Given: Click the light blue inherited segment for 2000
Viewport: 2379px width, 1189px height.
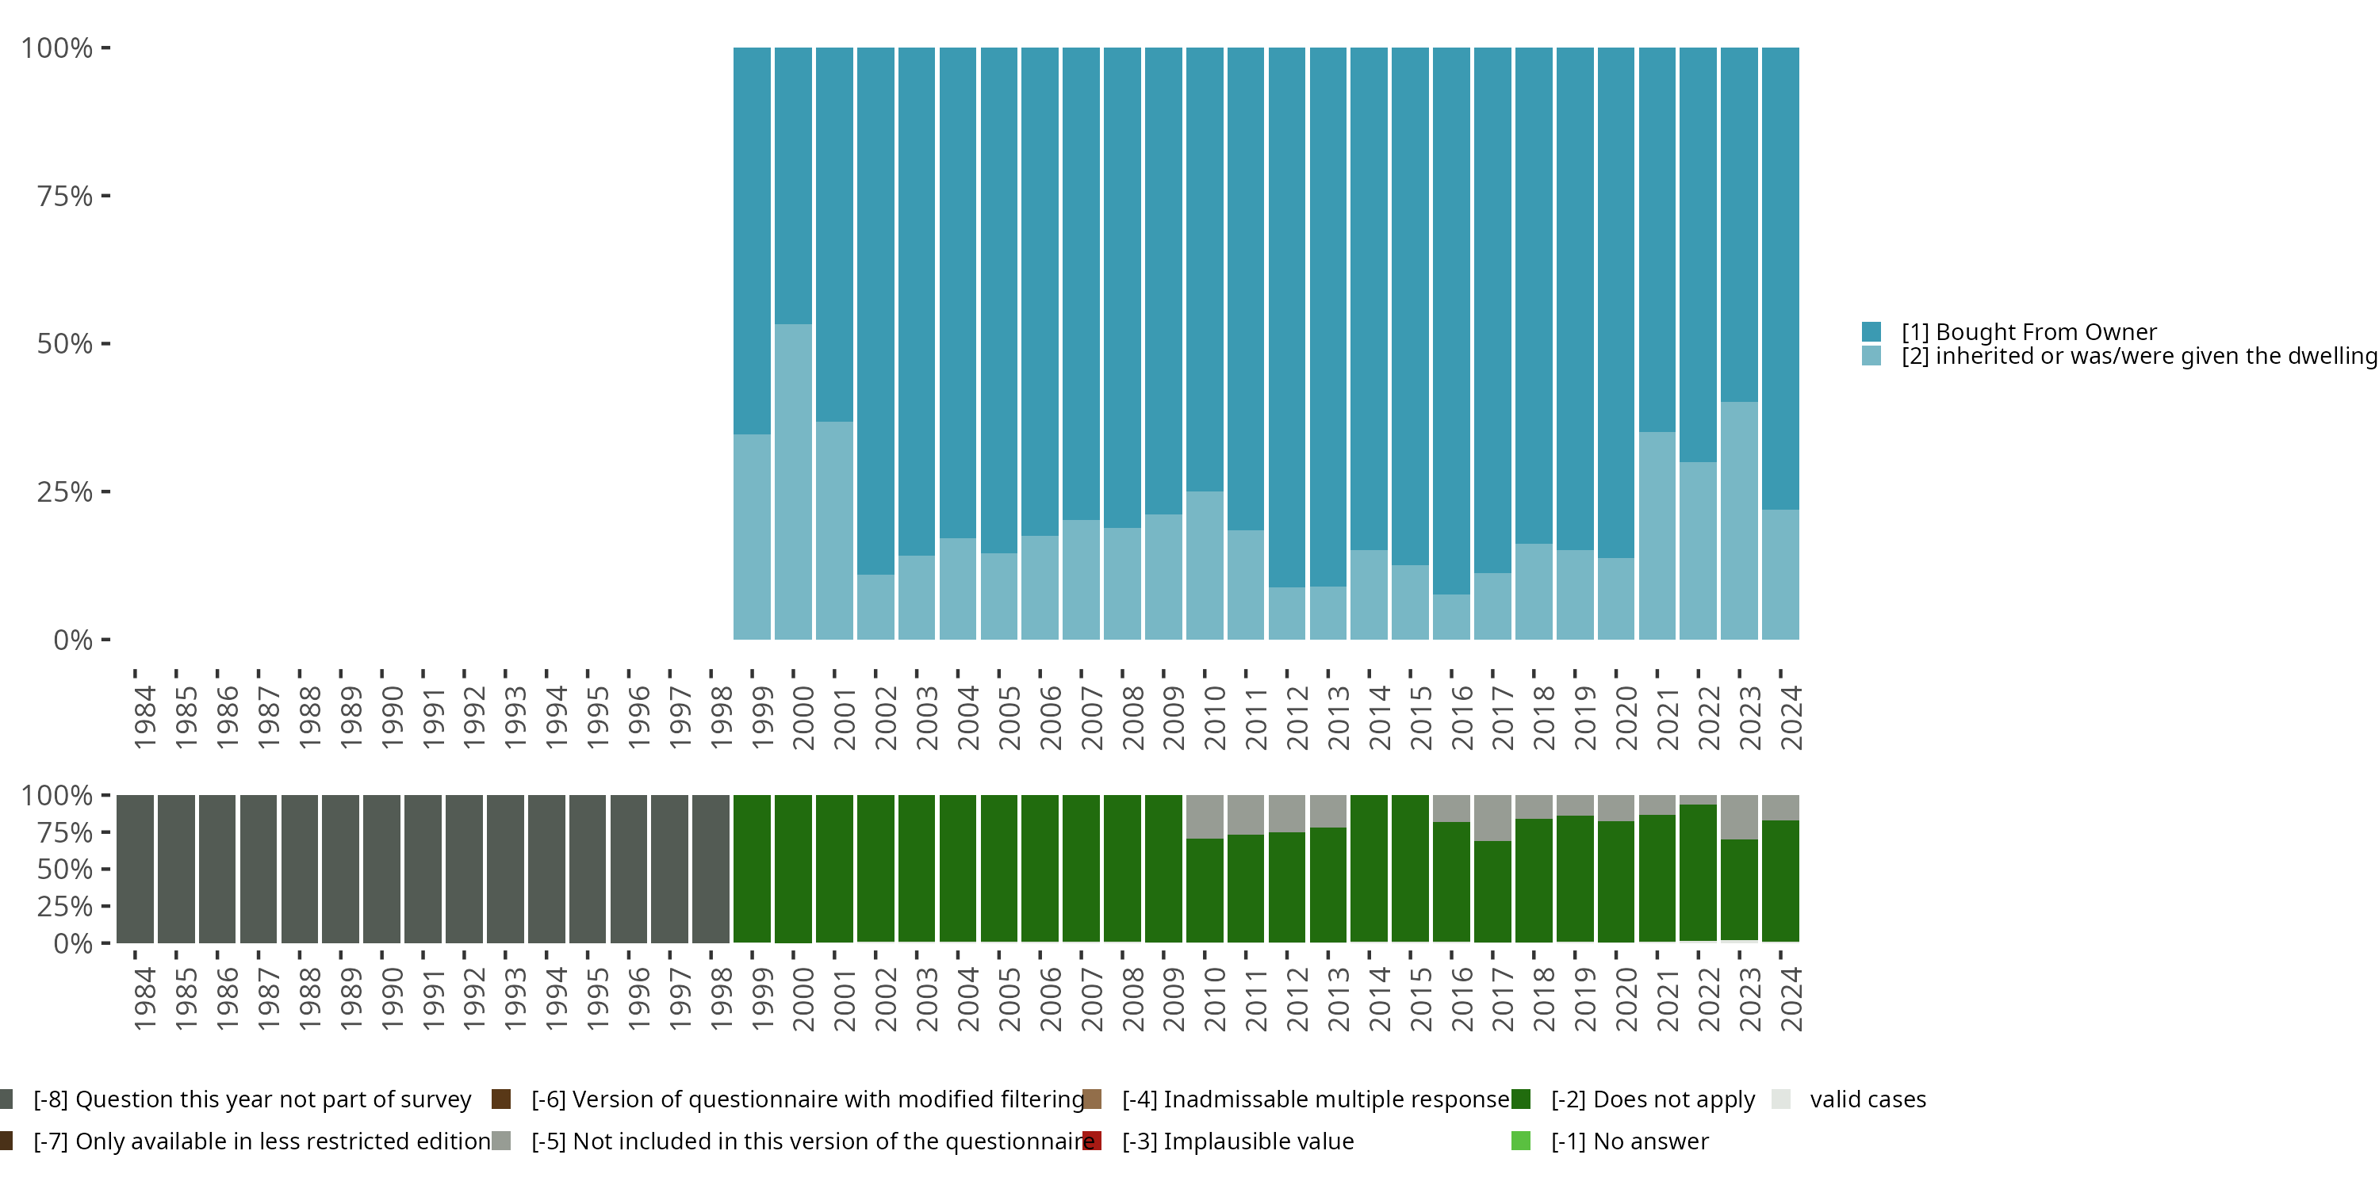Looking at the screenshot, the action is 793,482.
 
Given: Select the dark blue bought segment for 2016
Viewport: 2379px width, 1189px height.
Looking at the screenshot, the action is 1451,321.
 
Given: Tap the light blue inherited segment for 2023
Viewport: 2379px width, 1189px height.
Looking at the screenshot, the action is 1739,521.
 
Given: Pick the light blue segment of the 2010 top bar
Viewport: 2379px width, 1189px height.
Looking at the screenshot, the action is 1205,566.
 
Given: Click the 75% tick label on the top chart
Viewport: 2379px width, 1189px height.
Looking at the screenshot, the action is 65,196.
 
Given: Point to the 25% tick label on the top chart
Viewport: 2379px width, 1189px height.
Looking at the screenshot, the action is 65,491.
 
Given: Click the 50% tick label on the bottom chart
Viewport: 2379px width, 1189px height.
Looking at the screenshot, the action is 65,869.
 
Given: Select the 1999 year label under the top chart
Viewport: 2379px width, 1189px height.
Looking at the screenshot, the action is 762,717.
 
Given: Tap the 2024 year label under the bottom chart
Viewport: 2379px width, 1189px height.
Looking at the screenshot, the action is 1791,999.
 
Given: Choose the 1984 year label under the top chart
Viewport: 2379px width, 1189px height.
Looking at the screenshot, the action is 145,717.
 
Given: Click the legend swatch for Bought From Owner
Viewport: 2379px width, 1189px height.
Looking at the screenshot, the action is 1871,331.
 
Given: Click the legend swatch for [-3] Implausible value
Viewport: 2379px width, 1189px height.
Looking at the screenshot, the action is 1092,1141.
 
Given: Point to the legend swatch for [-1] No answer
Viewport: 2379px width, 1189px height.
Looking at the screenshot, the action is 1521,1141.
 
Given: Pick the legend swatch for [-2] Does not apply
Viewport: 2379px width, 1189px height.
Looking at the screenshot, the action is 1521,1099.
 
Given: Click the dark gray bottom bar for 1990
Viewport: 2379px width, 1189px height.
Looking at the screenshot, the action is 381,869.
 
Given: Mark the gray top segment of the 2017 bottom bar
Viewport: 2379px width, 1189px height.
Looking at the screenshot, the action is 1492,818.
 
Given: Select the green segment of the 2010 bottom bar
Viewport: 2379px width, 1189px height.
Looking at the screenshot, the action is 1205,890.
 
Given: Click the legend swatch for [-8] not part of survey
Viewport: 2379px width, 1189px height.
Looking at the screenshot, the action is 5,1099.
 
